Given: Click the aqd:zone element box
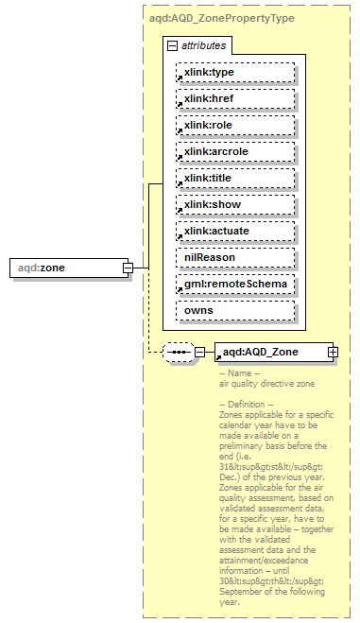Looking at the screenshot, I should click(x=65, y=268).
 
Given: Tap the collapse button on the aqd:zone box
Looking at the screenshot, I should click(x=127, y=268).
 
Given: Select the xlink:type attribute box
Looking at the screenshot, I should click(x=234, y=72).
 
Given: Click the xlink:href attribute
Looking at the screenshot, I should click(x=234, y=98).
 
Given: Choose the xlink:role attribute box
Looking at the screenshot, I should click(x=234, y=125).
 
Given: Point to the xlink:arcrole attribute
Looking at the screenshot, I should click(x=234, y=151).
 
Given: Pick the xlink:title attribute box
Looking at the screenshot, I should click(x=234, y=178).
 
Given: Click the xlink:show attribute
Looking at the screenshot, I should click(x=234, y=204).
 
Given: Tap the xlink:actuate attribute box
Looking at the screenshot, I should click(x=234, y=231).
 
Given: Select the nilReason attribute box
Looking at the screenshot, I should click(x=234, y=257).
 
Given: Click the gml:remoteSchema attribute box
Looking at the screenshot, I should click(x=234, y=284).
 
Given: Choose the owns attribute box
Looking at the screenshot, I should click(x=234, y=310).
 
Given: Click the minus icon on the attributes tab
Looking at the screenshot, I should click(x=172, y=45).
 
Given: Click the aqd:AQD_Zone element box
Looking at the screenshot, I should click(x=268, y=353).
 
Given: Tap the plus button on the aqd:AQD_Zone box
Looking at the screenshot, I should click(x=333, y=353).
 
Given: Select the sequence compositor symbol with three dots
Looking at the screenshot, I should click(x=178, y=353).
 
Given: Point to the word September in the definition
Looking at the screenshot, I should click(x=243, y=592).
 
